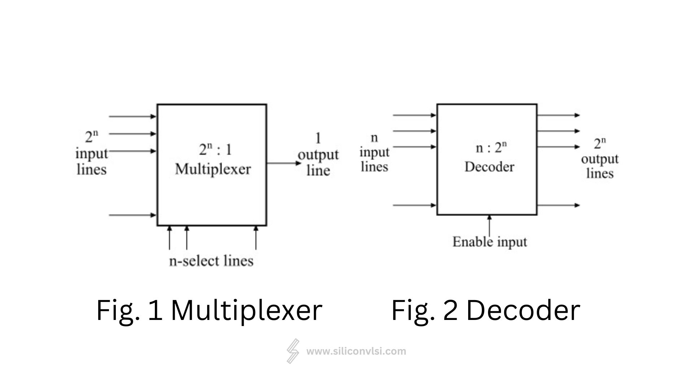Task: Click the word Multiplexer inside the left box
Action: point(213,169)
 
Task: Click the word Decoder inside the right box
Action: point(489,167)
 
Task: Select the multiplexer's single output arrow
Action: point(284,163)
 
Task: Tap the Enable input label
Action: point(489,242)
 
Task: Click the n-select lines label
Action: point(211,261)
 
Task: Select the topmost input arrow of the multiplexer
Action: point(132,117)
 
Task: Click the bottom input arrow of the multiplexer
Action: point(132,215)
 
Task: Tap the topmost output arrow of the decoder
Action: point(558,116)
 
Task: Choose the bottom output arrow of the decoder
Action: point(558,205)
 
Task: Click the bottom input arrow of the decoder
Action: point(414,205)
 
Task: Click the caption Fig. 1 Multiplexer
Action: point(209,310)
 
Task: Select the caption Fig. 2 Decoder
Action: point(485,310)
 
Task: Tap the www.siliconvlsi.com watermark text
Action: point(356,351)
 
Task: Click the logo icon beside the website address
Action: point(293,351)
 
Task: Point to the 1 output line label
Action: point(318,155)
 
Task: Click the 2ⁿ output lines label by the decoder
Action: point(600,159)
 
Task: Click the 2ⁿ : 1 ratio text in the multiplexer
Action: point(215,149)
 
